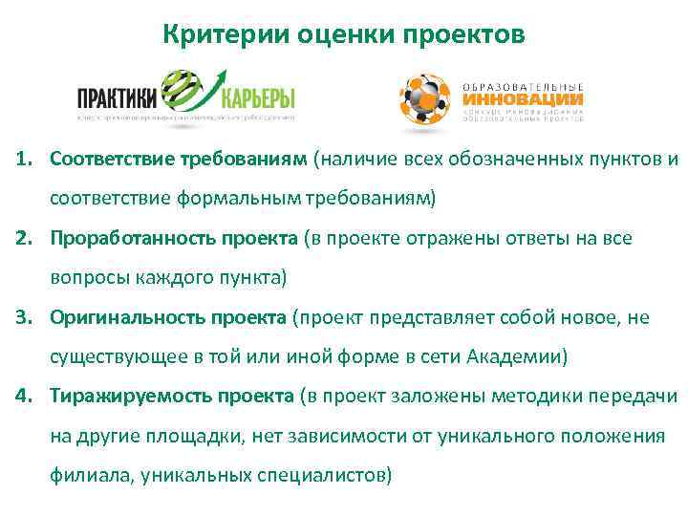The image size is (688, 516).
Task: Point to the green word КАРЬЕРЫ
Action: (257, 98)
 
